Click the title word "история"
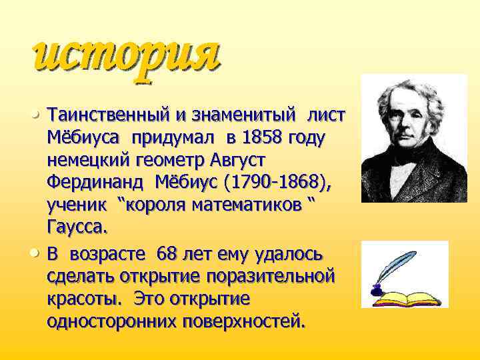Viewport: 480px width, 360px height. [x=125, y=55]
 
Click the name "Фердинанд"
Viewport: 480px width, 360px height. [x=96, y=182]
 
